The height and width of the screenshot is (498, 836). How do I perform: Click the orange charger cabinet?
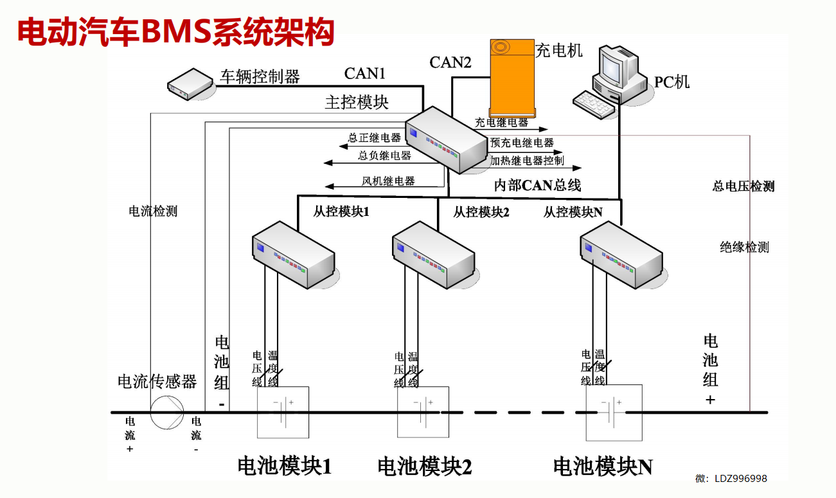point(512,77)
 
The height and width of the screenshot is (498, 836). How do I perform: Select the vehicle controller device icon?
point(190,84)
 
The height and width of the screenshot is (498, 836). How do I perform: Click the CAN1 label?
point(364,73)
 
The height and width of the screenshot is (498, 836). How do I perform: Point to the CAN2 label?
point(450,62)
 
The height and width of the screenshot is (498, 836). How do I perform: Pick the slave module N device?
point(621,254)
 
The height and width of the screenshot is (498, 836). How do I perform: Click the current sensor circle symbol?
point(167,412)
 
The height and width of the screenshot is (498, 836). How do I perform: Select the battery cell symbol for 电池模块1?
point(283,412)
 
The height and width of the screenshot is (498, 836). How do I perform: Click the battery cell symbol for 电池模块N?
point(614,412)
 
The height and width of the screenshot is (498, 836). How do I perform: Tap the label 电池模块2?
point(424,467)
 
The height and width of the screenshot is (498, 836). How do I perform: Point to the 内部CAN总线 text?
point(537,186)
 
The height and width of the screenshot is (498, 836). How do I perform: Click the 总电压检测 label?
point(743,186)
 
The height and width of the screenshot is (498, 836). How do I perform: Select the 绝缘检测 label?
point(744,247)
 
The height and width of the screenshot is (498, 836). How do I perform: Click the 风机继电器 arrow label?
point(388,181)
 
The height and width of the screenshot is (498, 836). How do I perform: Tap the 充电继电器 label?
point(501,122)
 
